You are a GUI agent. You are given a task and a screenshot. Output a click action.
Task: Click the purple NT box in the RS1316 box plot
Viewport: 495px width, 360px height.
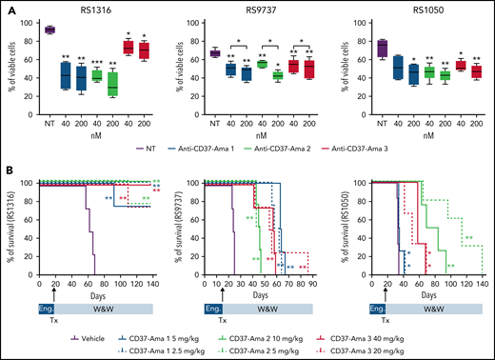coord(50,30)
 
